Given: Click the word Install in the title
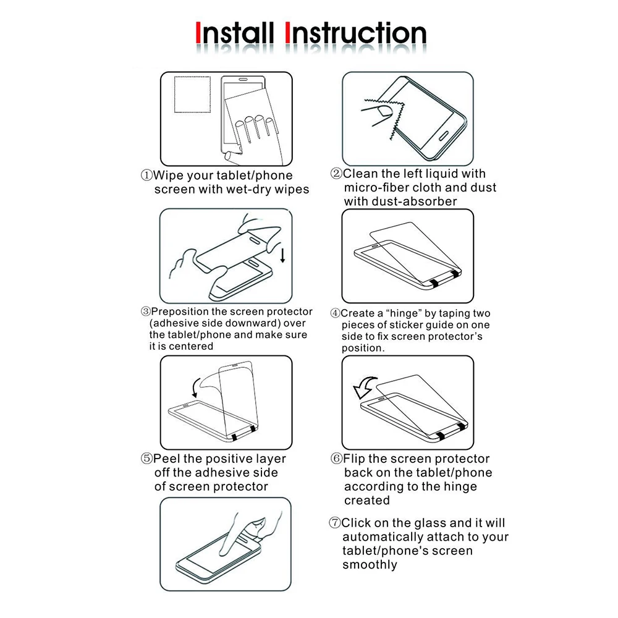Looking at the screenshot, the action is point(234,33).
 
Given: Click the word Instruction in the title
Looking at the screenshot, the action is point(355,33).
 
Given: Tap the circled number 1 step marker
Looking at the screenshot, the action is point(146,175).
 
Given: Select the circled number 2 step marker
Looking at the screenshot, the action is point(336,174).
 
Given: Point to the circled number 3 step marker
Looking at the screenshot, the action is point(145,311).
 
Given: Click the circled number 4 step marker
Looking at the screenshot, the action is point(335,313).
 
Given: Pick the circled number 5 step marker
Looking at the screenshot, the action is point(146,459).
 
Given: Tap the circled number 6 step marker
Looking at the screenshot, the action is point(336,459).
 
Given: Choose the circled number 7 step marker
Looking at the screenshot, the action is point(334,523).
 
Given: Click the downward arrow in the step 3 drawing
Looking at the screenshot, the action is point(282,255).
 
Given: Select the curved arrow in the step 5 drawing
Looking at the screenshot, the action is point(195,388).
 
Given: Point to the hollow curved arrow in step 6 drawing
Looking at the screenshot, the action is point(365,387).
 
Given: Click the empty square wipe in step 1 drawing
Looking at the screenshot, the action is point(192,95).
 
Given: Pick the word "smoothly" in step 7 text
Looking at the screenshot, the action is point(370,565).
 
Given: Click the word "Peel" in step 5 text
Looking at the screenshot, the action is point(167,459).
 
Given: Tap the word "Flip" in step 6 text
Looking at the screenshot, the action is point(354,459).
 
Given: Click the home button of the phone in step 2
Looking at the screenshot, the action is point(444,135).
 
